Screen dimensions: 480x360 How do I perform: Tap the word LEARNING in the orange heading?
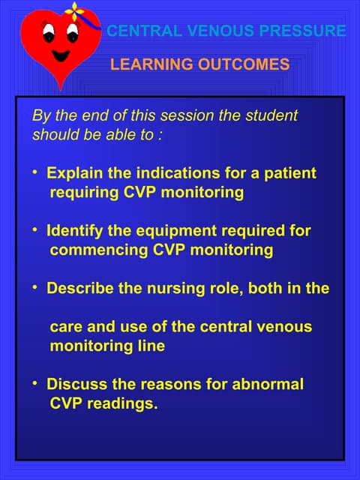pos(142,65)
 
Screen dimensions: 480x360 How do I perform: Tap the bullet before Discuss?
pos(34,383)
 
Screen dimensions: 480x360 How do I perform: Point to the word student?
pos(271,116)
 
